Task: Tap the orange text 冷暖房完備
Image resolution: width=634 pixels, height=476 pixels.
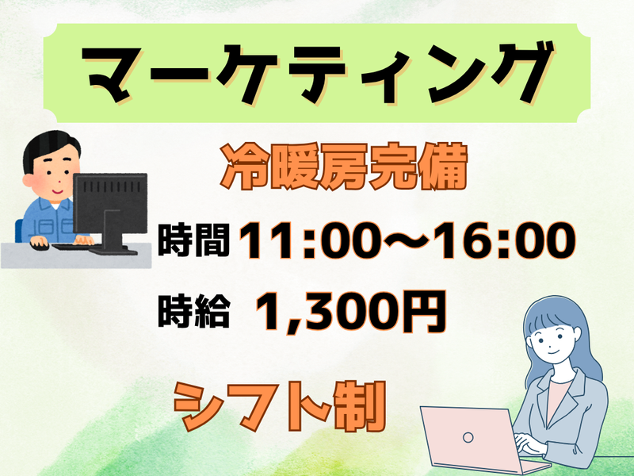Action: click(x=344, y=167)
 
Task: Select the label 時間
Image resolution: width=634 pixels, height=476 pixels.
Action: click(x=193, y=240)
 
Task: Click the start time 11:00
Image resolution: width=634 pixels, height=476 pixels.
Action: click(x=309, y=240)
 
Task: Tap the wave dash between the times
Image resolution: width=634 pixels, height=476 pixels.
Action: click(x=408, y=240)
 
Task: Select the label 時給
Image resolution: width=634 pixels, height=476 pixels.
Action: click(x=193, y=311)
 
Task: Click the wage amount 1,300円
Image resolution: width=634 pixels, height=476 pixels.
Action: click(x=351, y=311)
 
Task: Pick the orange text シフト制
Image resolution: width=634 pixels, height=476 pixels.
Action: click(x=280, y=406)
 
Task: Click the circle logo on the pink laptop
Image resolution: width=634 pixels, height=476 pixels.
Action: click(x=468, y=437)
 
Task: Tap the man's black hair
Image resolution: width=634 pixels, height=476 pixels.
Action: click(x=48, y=146)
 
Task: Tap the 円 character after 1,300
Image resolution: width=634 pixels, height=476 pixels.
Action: click(x=425, y=311)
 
